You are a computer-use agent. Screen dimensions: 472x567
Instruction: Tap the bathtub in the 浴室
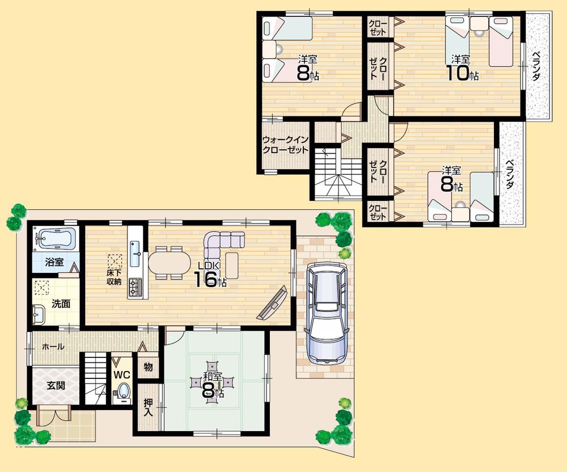tap(54, 239)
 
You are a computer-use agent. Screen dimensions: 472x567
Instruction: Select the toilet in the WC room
tap(124, 391)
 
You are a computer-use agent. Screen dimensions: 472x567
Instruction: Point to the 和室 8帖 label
tap(213, 382)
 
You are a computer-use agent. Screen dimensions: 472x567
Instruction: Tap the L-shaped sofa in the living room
tap(221, 245)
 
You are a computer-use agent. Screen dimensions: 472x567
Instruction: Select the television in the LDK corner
tap(272, 304)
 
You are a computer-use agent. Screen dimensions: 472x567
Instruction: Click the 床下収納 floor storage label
tap(114, 277)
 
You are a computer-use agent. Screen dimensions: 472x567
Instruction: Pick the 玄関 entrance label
tap(56, 386)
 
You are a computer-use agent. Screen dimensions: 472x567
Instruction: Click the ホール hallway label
tap(53, 347)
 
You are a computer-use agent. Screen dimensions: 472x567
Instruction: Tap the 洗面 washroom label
tap(61, 304)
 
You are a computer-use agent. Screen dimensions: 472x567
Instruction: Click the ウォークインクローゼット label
tap(285, 145)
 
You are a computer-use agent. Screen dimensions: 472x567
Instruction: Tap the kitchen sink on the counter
tap(136, 252)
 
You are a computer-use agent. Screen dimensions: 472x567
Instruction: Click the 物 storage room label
tap(148, 367)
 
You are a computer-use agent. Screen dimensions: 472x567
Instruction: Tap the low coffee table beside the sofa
tap(232, 263)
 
